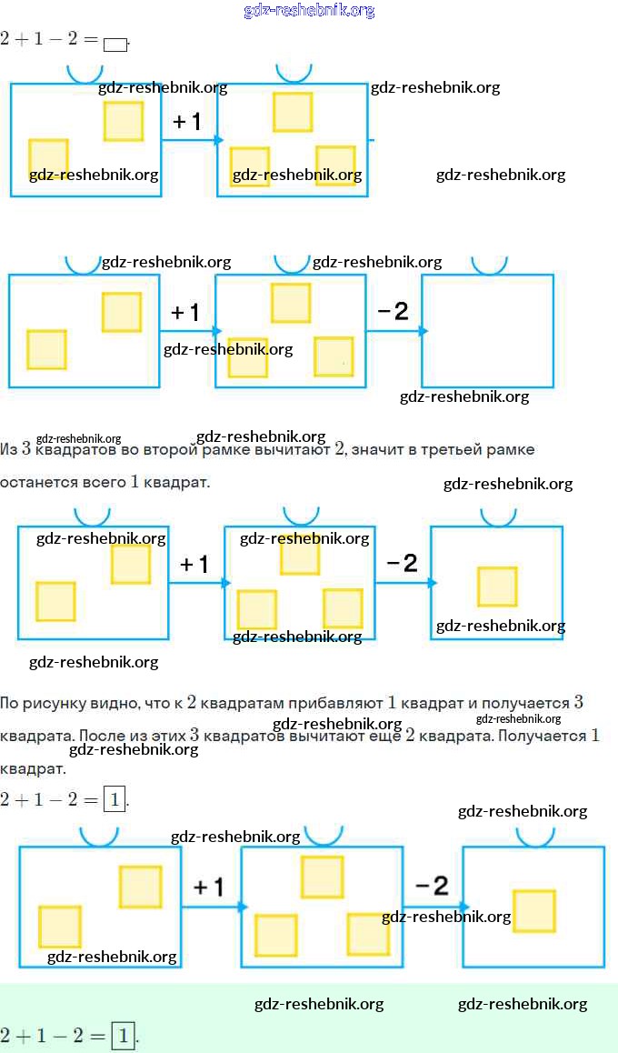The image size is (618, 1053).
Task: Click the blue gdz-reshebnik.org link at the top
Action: coord(309,11)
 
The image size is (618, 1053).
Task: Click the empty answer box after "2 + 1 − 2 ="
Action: coord(115,43)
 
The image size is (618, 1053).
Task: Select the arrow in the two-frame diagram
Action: coord(191,139)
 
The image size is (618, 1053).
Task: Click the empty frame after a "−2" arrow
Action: coord(487,330)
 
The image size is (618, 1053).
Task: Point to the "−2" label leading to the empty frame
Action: coord(393,312)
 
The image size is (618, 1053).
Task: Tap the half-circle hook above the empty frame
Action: coord(489,264)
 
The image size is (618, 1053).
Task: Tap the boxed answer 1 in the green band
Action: coord(123,1035)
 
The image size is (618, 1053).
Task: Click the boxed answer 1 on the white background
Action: coord(114,800)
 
